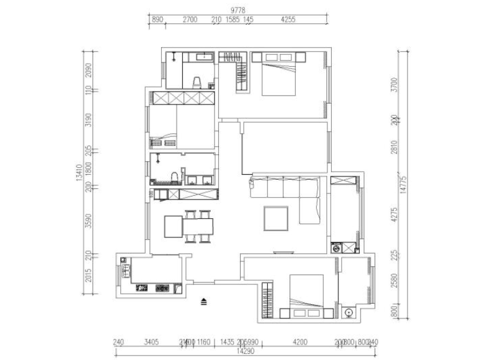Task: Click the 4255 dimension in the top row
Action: tap(288, 20)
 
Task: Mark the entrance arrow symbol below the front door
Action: tap(203, 302)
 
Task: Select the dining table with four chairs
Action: tap(197, 227)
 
